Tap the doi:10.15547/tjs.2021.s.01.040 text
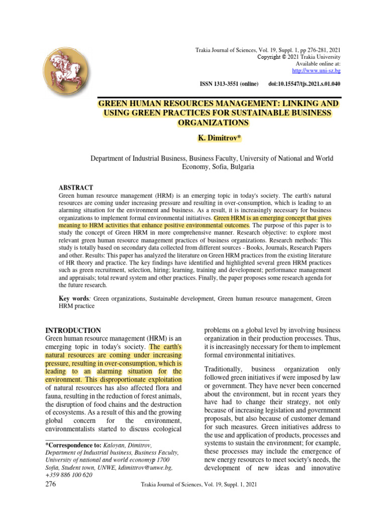pos(305,84)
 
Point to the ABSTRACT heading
pos(76,187)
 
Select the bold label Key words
pos(74,299)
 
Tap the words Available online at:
pos(318,64)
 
